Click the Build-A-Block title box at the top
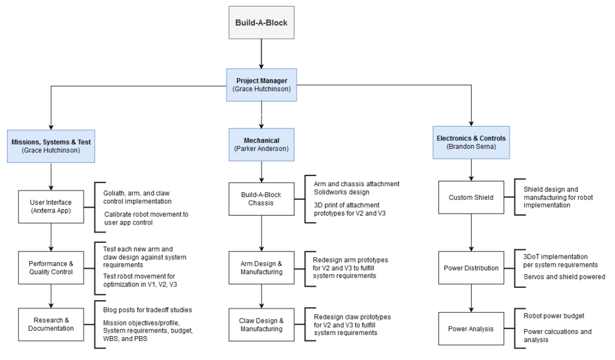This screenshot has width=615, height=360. click(x=262, y=22)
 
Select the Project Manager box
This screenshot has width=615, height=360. click(x=262, y=85)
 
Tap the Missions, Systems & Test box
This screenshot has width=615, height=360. click(x=51, y=146)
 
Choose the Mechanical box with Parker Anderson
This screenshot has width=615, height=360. click(x=262, y=144)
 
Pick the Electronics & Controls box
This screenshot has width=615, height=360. click(x=471, y=142)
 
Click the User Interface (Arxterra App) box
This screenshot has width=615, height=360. click(x=51, y=207)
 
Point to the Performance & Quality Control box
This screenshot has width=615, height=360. click(x=51, y=268)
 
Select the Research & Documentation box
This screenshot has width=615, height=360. click(x=51, y=324)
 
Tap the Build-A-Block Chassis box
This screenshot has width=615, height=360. click(x=262, y=199)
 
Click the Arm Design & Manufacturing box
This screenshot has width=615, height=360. click(x=262, y=268)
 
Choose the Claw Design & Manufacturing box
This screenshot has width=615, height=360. click(x=262, y=325)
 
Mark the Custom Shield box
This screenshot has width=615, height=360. click(x=471, y=197)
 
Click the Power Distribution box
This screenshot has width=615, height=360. click(x=471, y=268)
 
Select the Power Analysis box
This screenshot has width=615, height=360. click(x=471, y=328)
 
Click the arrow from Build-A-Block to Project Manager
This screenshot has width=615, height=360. click(x=262, y=54)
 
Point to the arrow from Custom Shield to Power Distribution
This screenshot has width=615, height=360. click(x=472, y=233)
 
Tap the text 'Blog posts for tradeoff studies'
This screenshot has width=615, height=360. click(x=147, y=310)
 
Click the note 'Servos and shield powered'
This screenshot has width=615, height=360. click(x=564, y=277)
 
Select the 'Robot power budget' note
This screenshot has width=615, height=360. click(x=554, y=316)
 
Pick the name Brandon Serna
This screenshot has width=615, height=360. click(x=471, y=147)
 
